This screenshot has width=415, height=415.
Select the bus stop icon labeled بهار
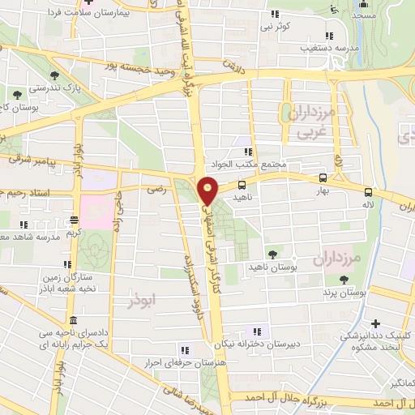tap(323, 178)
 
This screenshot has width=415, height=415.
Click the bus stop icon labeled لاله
tap(369, 193)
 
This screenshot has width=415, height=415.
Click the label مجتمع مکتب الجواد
tap(246, 165)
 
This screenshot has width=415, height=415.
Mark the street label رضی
tap(152, 188)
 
